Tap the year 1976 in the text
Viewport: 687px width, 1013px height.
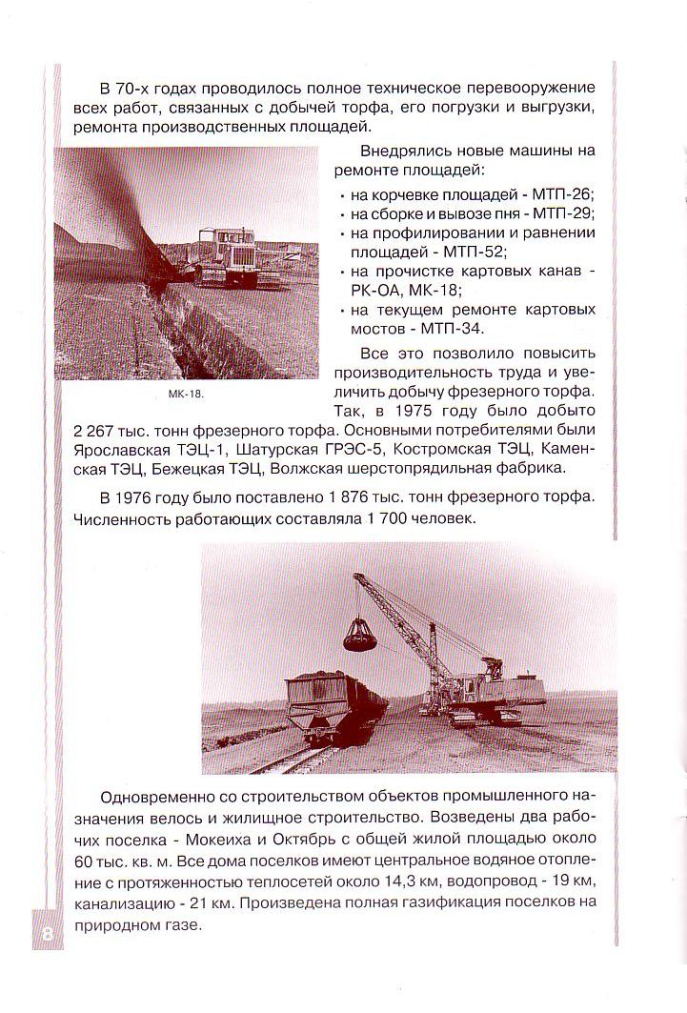coord(140,497)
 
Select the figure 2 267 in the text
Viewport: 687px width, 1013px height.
coord(93,430)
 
